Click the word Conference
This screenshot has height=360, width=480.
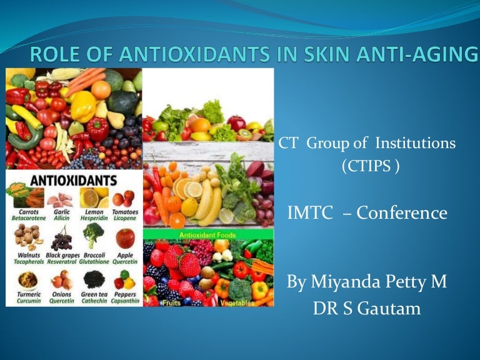pyautogui.click(x=412, y=213)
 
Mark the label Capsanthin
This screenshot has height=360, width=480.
pyautogui.click(x=126, y=300)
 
